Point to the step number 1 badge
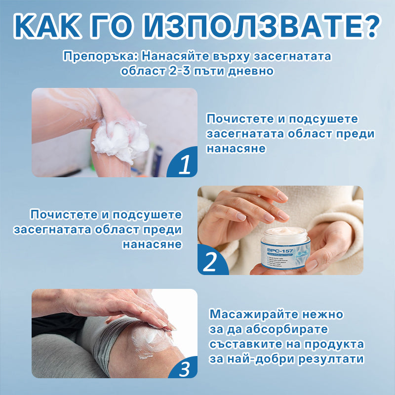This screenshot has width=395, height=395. [184, 165]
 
